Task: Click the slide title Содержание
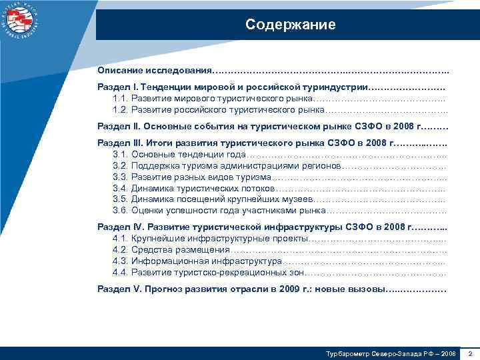[290, 25]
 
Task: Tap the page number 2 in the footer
[470, 352]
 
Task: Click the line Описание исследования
[155, 70]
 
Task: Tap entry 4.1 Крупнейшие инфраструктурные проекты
[211, 238]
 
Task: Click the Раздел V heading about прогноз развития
[241, 290]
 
